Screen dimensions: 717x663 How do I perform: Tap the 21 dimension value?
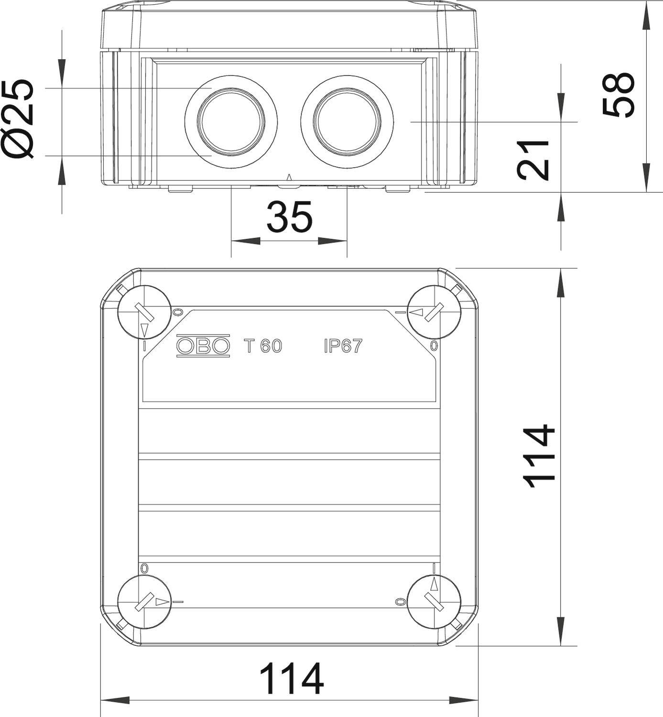(533, 160)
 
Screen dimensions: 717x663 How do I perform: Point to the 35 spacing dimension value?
(289, 217)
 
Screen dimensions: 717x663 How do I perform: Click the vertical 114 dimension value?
(540, 457)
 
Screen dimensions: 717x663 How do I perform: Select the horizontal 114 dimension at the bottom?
(291, 679)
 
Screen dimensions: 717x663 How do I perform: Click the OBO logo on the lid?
(203, 345)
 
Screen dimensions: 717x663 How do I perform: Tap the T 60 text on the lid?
(263, 346)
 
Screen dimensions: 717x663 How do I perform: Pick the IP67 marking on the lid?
(343, 346)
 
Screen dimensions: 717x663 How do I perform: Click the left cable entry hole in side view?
(231, 121)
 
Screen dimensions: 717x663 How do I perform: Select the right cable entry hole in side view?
(347, 121)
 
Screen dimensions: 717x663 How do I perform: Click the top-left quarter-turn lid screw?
(144, 312)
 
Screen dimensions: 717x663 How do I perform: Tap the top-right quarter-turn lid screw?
(434, 312)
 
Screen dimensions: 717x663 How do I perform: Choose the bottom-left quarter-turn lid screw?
(144, 602)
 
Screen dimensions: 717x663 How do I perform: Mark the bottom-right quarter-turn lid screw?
(434, 602)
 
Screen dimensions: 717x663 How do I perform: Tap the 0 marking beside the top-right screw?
(434, 346)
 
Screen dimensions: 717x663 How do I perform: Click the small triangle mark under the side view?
(288, 178)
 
